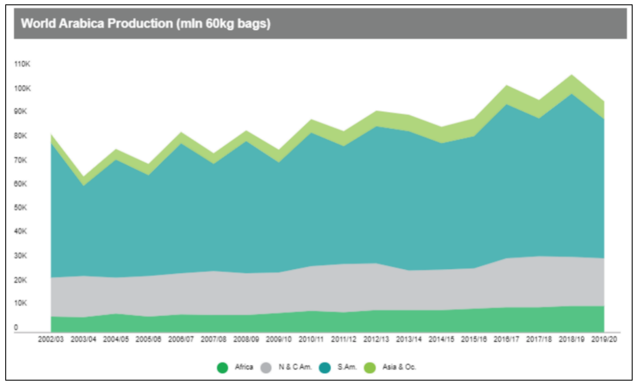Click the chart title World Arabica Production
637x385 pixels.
pyautogui.click(x=146, y=23)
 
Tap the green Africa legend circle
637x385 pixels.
pyautogui.click(x=222, y=367)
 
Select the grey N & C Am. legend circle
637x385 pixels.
pyautogui.click(x=266, y=367)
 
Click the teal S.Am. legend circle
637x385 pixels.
pyautogui.click(x=325, y=367)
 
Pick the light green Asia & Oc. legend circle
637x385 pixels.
pyautogui.click(x=370, y=367)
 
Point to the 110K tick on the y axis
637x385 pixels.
pyautogui.click(x=22, y=64)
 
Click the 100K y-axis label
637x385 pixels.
pyautogui.click(x=22, y=88)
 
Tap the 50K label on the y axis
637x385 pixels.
pyautogui.click(x=20, y=207)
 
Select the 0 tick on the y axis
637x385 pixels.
pyautogui.click(x=16, y=327)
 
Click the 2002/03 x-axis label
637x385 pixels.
pyautogui.click(x=50, y=339)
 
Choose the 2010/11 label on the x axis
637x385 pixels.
pyautogui.click(x=311, y=339)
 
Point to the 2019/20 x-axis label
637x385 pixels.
pyautogui.click(x=604, y=339)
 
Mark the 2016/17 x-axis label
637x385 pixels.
pyautogui.click(x=506, y=339)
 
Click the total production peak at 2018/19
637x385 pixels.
pyautogui.click(x=572, y=75)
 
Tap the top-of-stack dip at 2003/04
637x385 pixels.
pyautogui.click(x=83, y=176)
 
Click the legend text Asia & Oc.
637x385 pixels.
pyautogui.click(x=399, y=367)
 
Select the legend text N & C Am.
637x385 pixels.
pyautogui.click(x=295, y=367)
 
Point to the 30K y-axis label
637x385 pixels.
pyautogui.click(x=20, y=255)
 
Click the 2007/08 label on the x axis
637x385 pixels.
pyautogui.click(x=214, y=339)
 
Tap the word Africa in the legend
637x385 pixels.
pyautogui.click(x=244, y=367)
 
